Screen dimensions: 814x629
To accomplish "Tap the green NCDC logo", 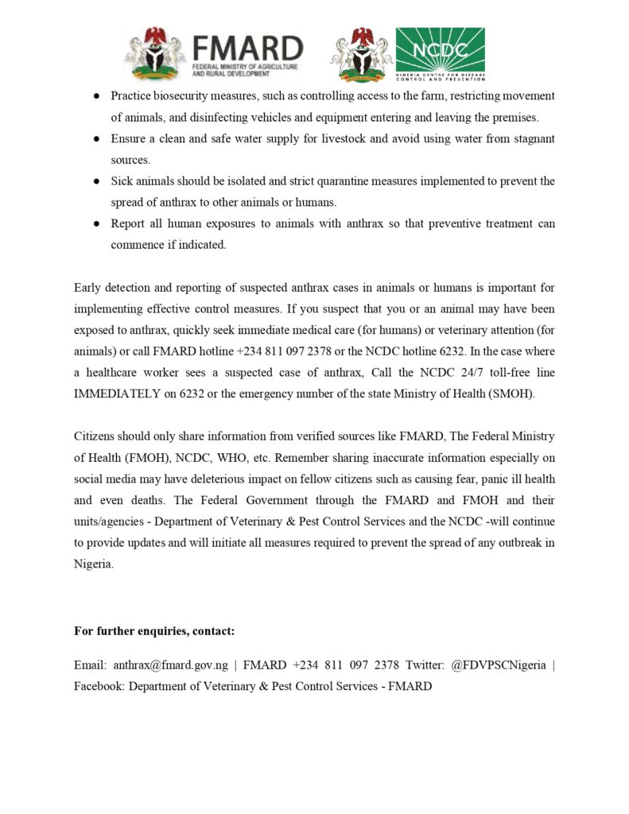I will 440,54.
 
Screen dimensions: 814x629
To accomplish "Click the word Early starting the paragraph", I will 89,287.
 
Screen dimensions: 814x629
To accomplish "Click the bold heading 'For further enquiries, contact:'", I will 154,631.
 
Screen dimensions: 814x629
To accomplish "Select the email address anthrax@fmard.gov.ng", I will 170,665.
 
